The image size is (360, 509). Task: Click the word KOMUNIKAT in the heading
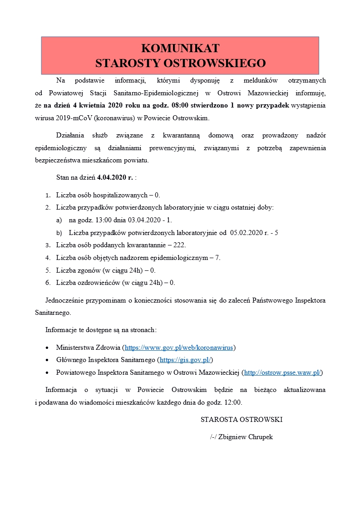point(180,49)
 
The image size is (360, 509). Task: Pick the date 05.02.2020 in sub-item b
point(246,233)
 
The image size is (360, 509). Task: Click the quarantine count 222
point(180,245)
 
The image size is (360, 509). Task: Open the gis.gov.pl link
point(185,360)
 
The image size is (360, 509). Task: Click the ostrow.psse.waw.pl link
point(283,372)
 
